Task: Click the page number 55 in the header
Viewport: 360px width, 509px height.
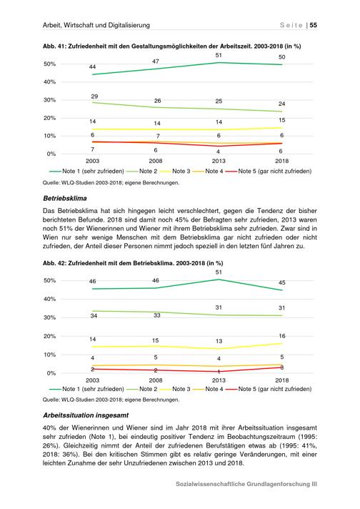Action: (x=314, y=25)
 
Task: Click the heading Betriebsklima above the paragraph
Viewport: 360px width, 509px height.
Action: (x=65, y=198)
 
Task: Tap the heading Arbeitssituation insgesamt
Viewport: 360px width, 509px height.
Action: (x=86, y=415)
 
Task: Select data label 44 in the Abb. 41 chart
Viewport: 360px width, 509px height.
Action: (x=92, y=67)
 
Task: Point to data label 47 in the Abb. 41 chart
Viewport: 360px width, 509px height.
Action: (x=156, y=61)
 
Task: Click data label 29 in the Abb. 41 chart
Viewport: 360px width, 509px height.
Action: (x=94, y=97)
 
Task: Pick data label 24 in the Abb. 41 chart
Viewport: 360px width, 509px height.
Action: (x=282, y=104)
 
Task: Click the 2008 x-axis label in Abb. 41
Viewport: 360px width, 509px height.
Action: (x=156, y=161)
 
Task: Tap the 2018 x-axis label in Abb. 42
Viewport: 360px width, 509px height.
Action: (x=282, y=380)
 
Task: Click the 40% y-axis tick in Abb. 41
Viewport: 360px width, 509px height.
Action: (x=49, y=82)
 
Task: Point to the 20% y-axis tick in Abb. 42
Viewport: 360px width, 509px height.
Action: (x=49, y=336)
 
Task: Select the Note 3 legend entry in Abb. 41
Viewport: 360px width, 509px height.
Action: (x=176, y=171)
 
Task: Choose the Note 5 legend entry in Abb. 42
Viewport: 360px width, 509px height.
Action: (x=269, y=389)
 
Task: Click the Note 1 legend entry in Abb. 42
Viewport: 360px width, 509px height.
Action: (x=86, y=389)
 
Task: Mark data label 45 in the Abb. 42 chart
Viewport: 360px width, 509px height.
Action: (x=282, y=283)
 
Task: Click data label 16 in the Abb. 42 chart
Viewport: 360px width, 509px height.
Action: (x=282, y=336)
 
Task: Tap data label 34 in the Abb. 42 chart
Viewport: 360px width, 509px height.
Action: (x=94, y=315)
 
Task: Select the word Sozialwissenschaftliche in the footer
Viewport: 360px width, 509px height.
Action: (x=210, y=484)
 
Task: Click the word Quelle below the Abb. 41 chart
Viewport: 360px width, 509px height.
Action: (x=51, y=183)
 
